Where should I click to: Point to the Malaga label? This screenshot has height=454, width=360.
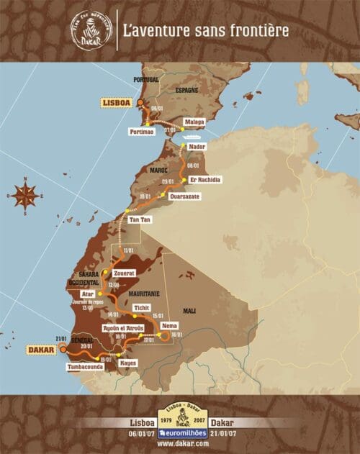[194, 122]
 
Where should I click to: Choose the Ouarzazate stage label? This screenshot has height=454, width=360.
[184, 196]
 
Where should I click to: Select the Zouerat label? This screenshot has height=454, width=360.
[125, 273]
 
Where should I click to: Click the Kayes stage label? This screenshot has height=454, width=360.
[127, 364]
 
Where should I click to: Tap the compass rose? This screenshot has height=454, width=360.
[25, 194]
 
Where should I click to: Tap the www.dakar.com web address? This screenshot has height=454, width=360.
[179, 444]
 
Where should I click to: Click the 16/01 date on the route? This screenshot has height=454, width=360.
[176, 334]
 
